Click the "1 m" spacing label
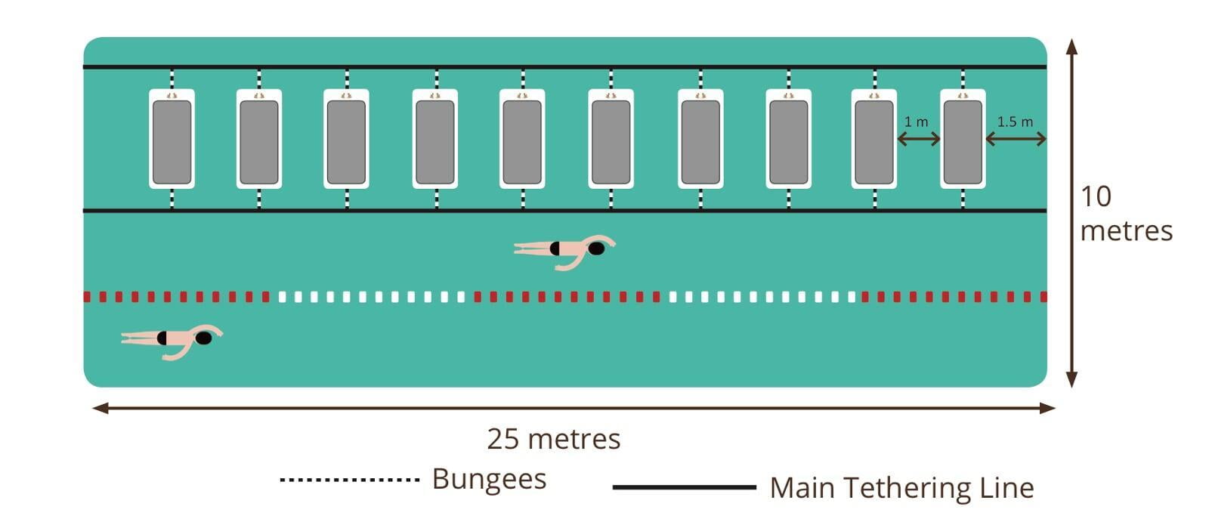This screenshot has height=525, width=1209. pos(916,122)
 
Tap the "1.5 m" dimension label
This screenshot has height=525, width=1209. pos(1015,122)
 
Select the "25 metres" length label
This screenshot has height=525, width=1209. pos(554,439)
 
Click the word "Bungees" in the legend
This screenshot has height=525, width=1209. pos(490,479)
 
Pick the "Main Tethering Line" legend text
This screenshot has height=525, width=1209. pos(902,488)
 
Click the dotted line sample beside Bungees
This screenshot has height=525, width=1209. pos(350,480)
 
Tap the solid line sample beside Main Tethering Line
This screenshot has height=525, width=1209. pos(685,487)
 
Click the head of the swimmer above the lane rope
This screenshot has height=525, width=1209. pos(596,249)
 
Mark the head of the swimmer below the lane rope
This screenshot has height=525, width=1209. pos(203,338)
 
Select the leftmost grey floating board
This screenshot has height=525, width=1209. pos(172,143)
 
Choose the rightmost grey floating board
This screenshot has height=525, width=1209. pos(963,143)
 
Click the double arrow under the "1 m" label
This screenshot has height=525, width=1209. pos(919,139)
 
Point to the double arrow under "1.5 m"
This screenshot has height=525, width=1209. pos(1016,139)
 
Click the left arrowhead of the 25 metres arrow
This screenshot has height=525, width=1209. pos(100,409)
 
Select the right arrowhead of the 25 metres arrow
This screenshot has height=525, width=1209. pos(1047,409)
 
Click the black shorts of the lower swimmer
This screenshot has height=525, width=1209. pos(162,338)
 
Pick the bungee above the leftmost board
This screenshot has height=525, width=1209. pos(172,79)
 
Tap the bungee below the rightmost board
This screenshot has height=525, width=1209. pos(963,199)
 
